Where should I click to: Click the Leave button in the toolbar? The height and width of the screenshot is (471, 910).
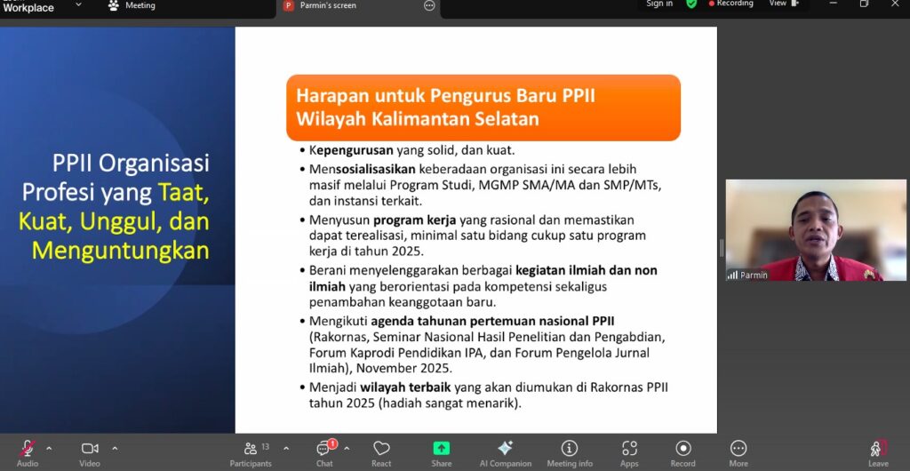point(878,449)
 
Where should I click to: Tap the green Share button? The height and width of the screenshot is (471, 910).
point(442,449)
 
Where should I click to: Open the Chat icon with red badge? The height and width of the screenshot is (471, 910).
point(323,449)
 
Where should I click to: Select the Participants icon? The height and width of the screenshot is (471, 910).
point(251,449)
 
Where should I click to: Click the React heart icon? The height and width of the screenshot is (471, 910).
point(381,449)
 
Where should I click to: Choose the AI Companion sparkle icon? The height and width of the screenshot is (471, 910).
point(505,449)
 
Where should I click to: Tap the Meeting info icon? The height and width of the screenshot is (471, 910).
point(570,449)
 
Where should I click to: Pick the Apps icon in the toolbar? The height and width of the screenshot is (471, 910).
point(629,449)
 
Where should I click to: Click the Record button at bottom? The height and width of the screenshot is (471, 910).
point(682,449)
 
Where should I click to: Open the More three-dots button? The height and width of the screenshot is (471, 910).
point(738,449)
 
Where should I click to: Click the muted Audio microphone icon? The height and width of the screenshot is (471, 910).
point(28,449)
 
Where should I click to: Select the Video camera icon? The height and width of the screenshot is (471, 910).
point(90,449)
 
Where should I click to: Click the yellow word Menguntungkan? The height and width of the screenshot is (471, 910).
point(121,250)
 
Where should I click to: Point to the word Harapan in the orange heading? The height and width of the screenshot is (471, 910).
point(329,95)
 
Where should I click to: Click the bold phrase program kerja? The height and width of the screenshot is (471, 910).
point(410,220)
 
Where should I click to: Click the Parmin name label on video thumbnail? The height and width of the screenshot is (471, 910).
point(754,275)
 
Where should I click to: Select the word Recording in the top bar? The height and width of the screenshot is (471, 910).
point(736,4)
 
